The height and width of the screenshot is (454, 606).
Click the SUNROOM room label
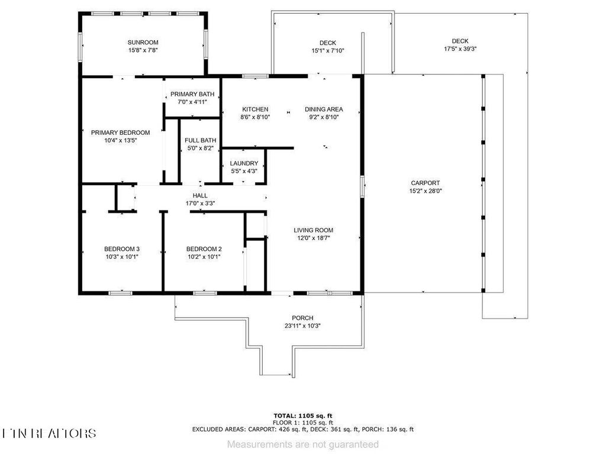tap(143, 43)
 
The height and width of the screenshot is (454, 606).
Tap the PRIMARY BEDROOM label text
tap(120, 132)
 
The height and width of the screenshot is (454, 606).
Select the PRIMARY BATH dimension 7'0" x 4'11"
tap(192, 102)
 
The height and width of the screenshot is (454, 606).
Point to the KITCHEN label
tap(256, 109)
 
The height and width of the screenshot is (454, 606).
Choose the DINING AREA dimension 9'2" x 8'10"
tap(324, 117)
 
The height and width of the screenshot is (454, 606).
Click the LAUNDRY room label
tap(244, 163)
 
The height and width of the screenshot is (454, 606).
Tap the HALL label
tap(200, 196)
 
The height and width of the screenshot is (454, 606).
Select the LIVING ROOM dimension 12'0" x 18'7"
tap(314, 238)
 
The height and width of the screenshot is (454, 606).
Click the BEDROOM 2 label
tap(204, 249)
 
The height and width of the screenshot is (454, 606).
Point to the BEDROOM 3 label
tap(122, 249)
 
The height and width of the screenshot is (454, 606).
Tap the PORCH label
tap(302, 318)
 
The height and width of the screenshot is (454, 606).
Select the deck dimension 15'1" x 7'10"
tap(328, 51)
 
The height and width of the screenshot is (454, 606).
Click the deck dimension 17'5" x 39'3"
tap(460, 49)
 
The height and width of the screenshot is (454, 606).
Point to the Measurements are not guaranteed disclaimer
tap(303, 443)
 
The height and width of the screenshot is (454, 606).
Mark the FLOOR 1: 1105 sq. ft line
tap(302, 423)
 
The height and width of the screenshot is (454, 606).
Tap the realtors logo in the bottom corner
tap(49, 433)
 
